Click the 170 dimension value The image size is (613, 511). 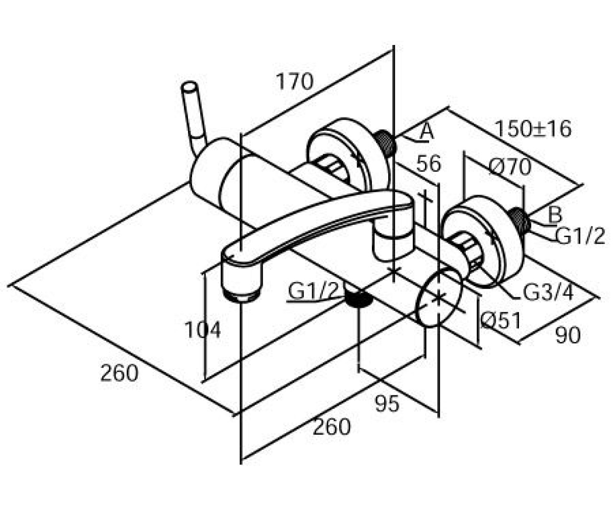[x=295, y=82]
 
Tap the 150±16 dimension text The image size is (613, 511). [x=533, y=129]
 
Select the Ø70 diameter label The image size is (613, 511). [x=510, y=167]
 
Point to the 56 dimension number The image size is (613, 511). [x=429, y=164]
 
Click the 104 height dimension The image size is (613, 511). [x=202, y=330]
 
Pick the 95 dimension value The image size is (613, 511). [x=387, y=404]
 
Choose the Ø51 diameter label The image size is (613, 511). [x=501, y=320]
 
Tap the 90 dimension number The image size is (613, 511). [x=568, y=335]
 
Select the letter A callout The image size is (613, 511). [x=427, y=131]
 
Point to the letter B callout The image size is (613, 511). [x=555, y=215]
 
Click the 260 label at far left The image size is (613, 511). [x=119, y=373]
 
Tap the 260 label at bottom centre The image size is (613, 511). [x=332, y=426]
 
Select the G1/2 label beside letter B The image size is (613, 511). [x=580, y=236]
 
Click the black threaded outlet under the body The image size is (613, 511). [x=358, y=299]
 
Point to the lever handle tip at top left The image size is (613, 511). [x=189, y=86]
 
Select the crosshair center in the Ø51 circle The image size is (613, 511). [x=438, y=297]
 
